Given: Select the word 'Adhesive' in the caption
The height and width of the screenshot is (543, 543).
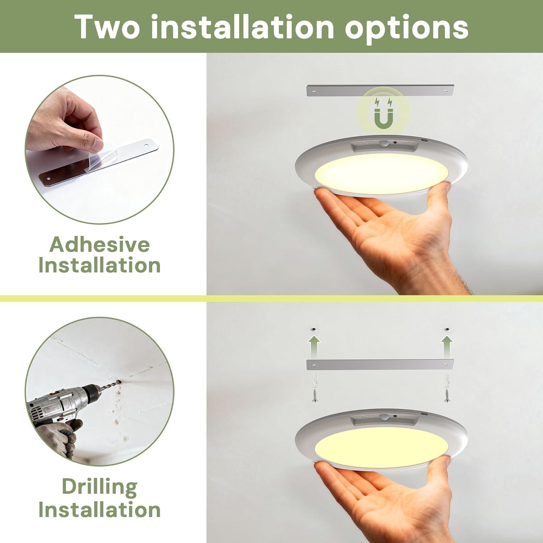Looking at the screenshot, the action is tap(100, 244).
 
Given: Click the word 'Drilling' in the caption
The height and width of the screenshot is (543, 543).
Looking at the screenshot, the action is tap(100, 488).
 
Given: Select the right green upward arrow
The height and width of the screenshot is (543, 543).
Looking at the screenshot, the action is tap(447, 346).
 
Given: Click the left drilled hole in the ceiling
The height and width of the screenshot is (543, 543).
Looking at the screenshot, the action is tap(314, 329).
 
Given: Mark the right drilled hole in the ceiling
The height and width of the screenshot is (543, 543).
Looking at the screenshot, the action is tap(447, 329).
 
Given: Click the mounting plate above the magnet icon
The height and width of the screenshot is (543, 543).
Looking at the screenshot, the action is tap(380, 91).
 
